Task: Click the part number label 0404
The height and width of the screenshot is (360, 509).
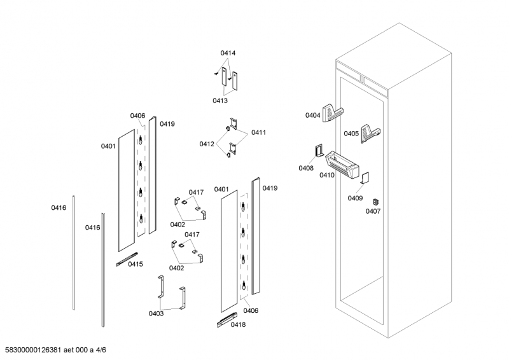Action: coord(312,115)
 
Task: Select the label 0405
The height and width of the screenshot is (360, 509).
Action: coord(351,134)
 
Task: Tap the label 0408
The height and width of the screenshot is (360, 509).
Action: coord(305,168)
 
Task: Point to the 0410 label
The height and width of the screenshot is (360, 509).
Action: coord(327,175)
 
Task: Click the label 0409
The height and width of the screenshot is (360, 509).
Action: coord(355,198)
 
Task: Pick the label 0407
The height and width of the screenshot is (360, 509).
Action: coord(373,211)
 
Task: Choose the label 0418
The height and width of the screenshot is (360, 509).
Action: coord(238,325)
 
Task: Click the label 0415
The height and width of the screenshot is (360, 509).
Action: coord(136,264)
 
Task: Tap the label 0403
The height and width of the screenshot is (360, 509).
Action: coord(157,313)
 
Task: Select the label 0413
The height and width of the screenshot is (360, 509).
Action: coord(220,100)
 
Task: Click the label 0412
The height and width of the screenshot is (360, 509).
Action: coord(207,144)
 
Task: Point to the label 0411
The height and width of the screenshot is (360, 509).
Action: coord(258,132)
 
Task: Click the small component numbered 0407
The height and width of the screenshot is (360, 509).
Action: coord(375,202)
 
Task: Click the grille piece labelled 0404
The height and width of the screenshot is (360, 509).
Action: coord(333,113)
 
